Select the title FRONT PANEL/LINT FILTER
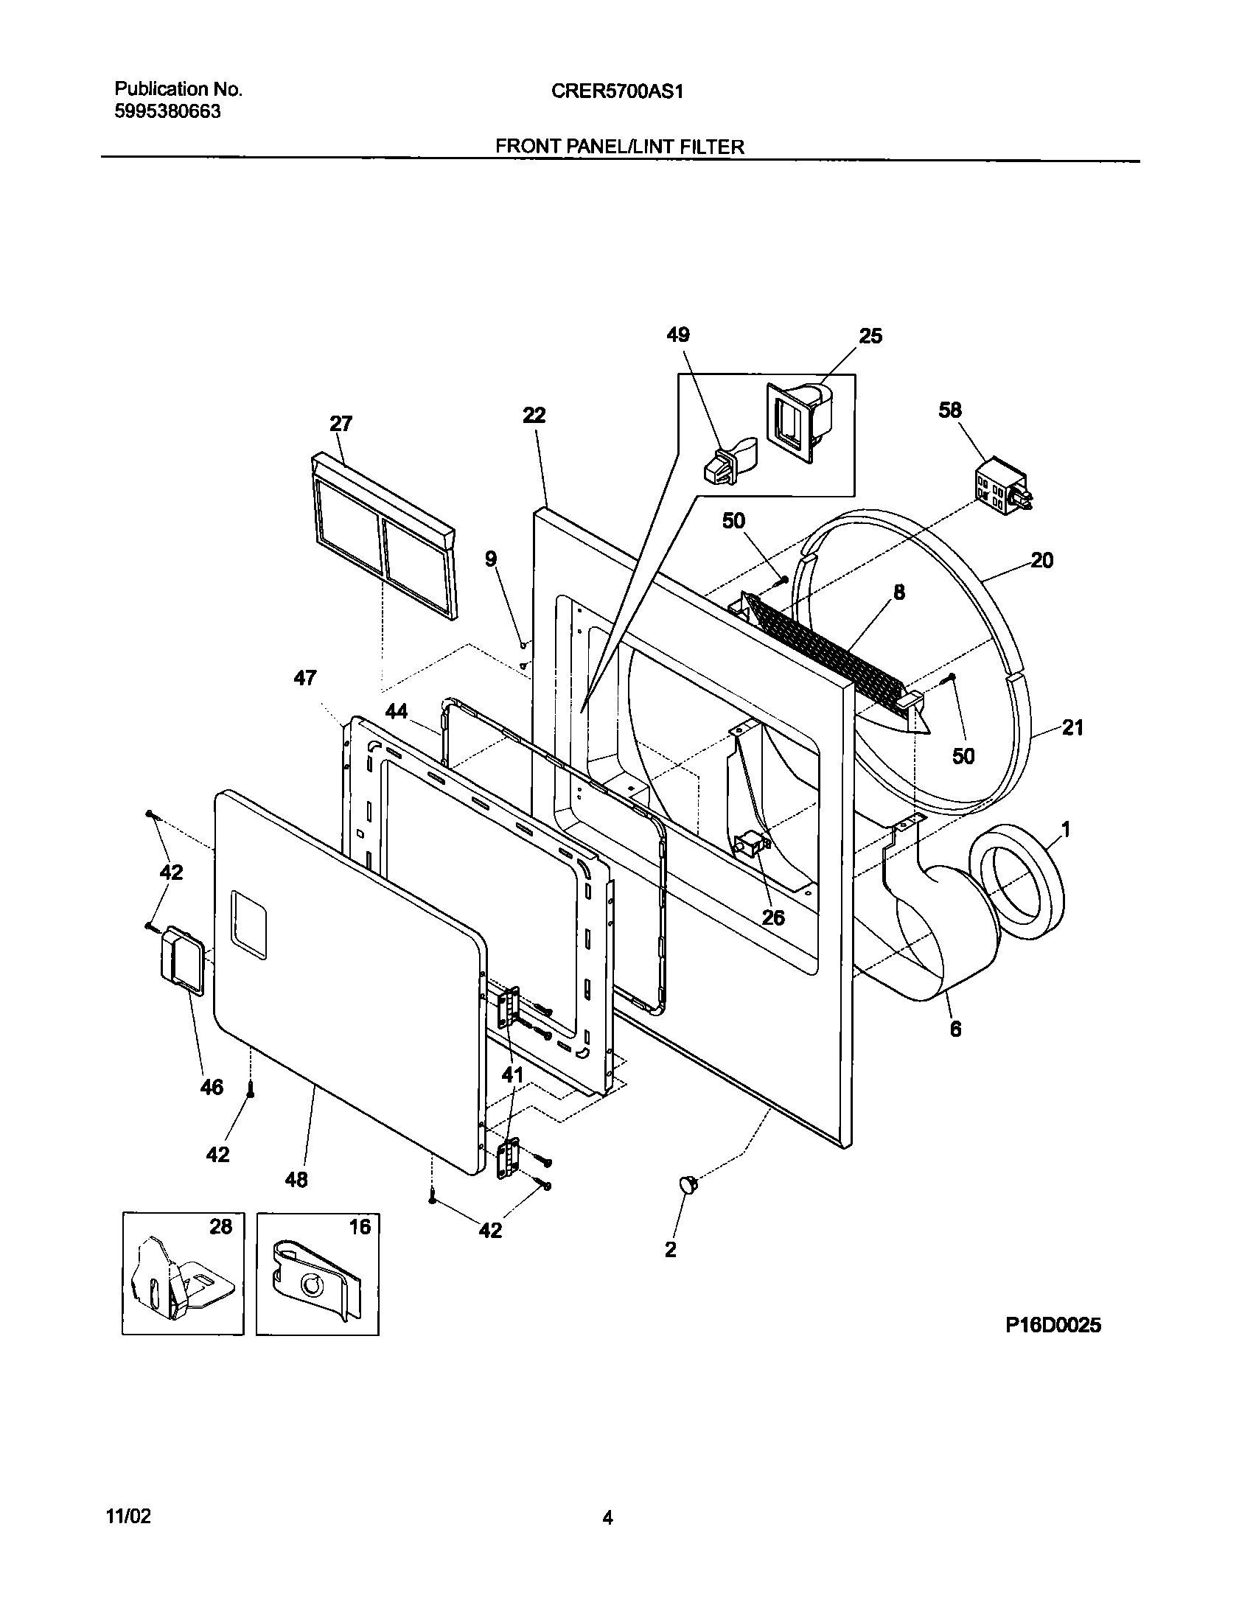(619, 147)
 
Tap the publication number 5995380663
(167, 112)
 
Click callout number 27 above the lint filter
(341, 424)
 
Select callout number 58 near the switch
(949, 410)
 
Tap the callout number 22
(534, 416)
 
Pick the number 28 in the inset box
(220, 1227)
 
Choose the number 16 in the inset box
(359, 1227)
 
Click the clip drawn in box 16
(315, 1281)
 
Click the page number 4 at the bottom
(607, 1517)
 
